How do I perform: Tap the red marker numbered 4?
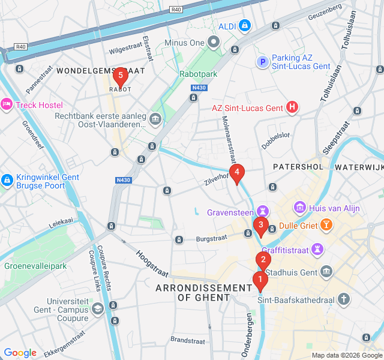237,173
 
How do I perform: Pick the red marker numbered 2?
263,260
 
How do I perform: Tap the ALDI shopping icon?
245,26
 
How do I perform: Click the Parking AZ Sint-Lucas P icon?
262,62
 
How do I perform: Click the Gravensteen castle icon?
262,211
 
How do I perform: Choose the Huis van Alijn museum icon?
299,208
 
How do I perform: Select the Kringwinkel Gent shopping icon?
7,179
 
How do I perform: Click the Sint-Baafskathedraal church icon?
344,298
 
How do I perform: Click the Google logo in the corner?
20,352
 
